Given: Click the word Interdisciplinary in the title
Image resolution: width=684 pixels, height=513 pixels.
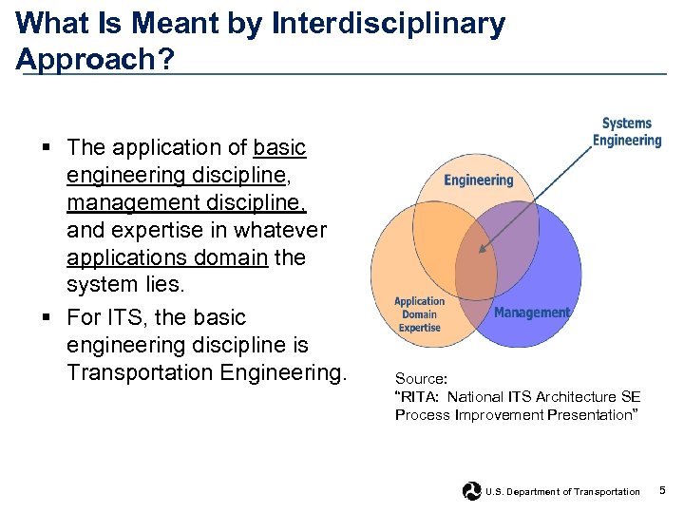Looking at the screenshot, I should pos(389,24).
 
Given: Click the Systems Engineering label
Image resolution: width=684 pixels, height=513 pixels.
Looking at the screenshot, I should pos(626,132).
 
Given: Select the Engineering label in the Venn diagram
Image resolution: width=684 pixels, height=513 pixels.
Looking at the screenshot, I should pos(478,180).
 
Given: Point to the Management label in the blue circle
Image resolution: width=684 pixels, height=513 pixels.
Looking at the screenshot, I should pos(532,313).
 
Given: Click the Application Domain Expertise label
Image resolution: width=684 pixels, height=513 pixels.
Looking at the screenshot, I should pos(419,314).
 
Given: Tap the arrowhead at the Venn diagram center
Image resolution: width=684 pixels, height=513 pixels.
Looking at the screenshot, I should pos(482,251).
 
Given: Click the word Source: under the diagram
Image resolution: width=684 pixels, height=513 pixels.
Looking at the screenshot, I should pos(421,378).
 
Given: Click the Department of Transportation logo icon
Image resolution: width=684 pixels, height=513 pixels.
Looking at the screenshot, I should pos(471,491).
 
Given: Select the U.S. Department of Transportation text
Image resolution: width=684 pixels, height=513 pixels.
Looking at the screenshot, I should pos(562,492).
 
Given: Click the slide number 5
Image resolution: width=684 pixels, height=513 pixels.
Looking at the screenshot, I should pos(662,490).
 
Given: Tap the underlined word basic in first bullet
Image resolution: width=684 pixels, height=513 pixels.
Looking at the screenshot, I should pos(280,147).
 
